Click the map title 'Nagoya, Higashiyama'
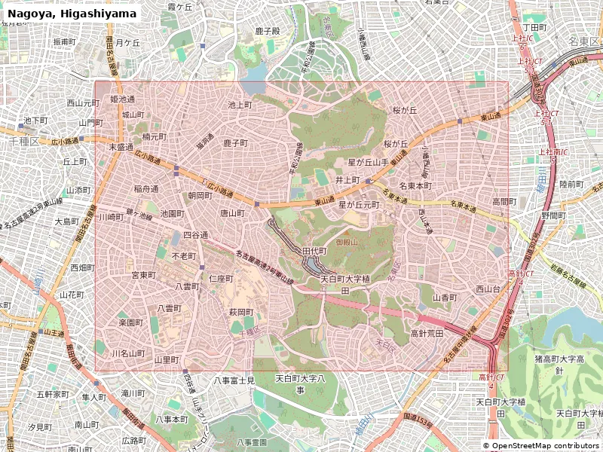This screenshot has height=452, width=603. coord(72,14)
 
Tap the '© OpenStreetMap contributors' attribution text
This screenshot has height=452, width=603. coord(541,445)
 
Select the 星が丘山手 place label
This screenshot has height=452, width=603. coord(368,162)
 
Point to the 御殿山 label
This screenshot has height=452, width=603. coord(347,243)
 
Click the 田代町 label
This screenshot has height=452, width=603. coord(314,250)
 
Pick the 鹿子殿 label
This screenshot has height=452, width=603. coord(268,31)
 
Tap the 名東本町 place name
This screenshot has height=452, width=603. coord(415,185)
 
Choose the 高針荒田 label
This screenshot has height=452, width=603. coord(427,333)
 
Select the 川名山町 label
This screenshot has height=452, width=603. coord(128,353)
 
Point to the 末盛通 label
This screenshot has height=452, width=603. coord(121,148)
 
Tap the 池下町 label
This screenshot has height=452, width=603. coord(35,121)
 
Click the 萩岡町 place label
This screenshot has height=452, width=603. coord(241,312)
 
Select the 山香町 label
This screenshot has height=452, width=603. coord(445,298)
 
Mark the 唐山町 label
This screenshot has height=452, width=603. coord(232,213)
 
